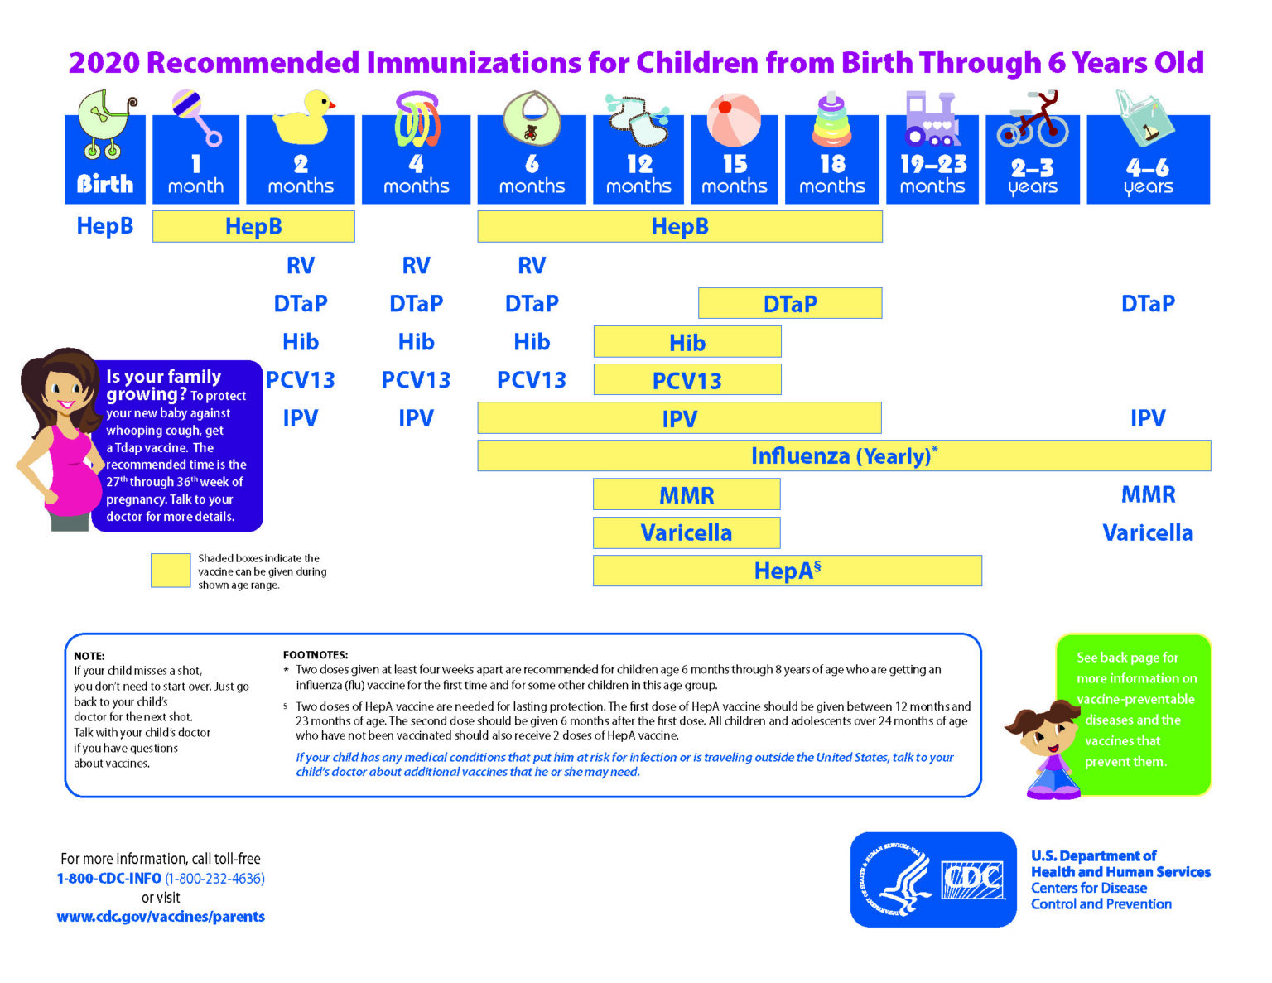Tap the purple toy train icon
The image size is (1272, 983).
click(x=932, y=118)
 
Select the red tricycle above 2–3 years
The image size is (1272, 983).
click(x=1033, y=121)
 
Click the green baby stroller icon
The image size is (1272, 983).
click(x=106, y=124)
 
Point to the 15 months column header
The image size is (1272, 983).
click(x=735, y=175)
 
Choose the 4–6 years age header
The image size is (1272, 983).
click(x=1148, y=176)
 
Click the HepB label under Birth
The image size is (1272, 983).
click(x=105, y=226)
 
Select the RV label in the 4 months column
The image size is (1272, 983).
click(x=416, y=265)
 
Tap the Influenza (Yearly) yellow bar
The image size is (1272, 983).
click(x=844, y=456)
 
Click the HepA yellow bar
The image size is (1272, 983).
click(x=787, y=571)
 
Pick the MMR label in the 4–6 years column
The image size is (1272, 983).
click(x=1148, y=494)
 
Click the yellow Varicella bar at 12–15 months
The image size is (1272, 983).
click(x=687, y=532)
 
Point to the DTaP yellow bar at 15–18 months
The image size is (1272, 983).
click(x=790, y=304)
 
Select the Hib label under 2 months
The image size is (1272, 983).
click(x=301, y=342)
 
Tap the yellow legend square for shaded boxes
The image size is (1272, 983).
click(x=171, y=571)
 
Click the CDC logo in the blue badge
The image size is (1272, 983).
click(x=972, y=880)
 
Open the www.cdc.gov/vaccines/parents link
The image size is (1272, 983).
click(x=161, y=917)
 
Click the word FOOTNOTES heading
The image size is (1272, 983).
click(x=316, y=654)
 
